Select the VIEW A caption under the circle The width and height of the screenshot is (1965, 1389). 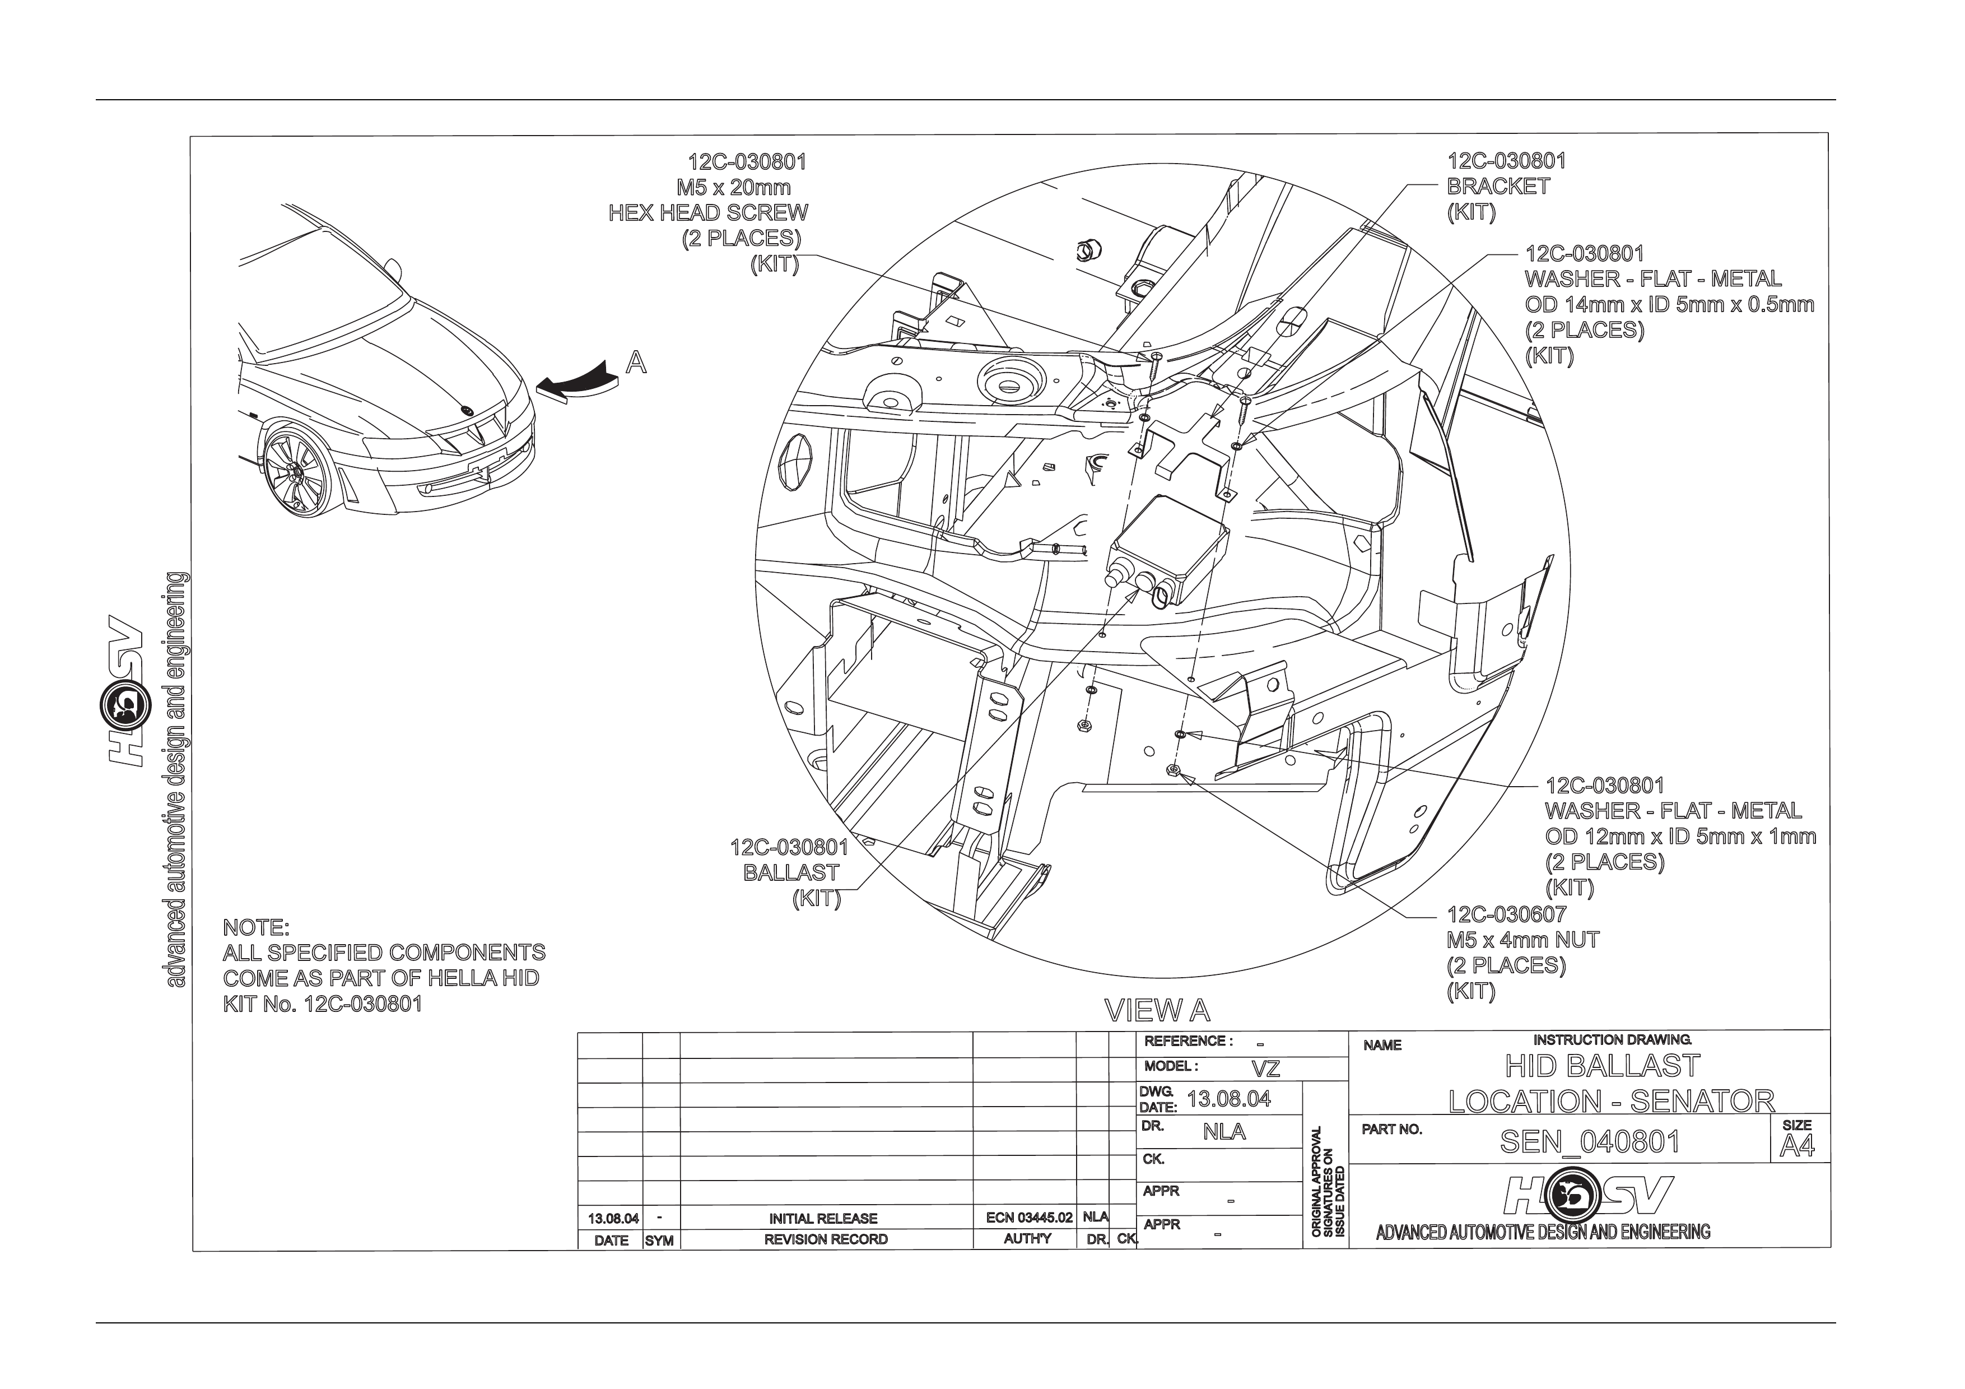(x=1157, y=1011)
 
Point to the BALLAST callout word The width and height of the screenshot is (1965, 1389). (x=791, y=873)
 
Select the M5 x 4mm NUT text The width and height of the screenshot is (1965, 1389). (x=1522, y=940)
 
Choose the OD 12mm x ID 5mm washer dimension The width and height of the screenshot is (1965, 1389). (x=1680, y=836)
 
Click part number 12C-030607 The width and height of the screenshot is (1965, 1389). (x=1506, y=914)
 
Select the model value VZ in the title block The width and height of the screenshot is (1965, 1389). (x=1266, y=1069)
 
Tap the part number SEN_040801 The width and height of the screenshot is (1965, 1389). (x=1589, y=1142)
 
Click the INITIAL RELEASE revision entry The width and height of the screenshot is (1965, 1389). (x=823, y=1218)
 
